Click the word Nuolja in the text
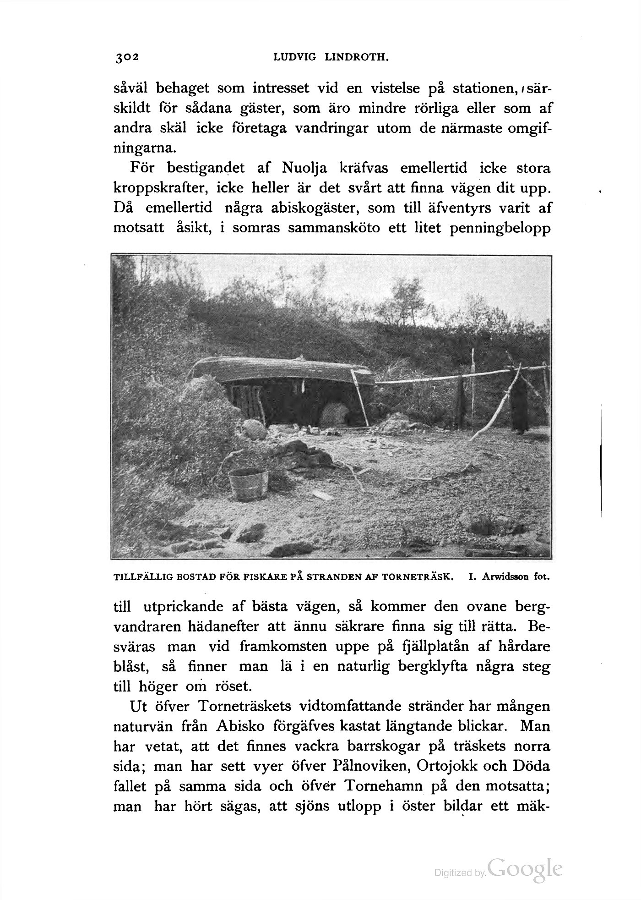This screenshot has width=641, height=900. tap(304, 168)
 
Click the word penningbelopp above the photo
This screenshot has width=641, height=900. tap(500, 228)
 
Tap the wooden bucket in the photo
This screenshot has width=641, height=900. tap(249, 483)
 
